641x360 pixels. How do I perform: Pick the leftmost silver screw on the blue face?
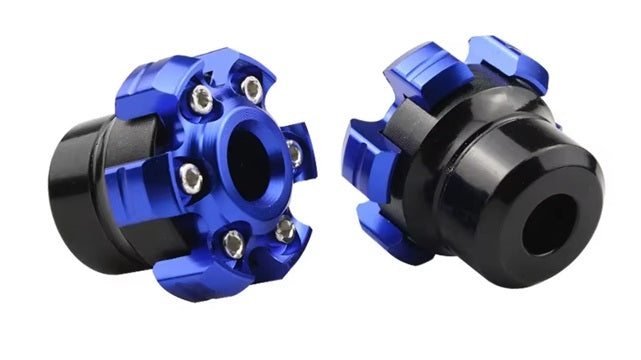tap(190, 179)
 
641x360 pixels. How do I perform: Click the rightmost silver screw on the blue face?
tap(294, 152)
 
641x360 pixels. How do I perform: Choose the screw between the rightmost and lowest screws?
tap(284, 229)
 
